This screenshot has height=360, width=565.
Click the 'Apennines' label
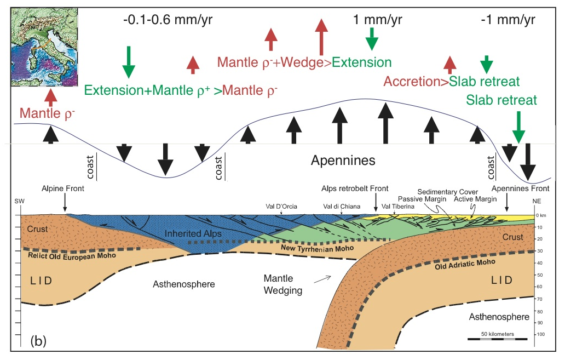343,161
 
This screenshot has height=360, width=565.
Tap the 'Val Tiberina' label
395,207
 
